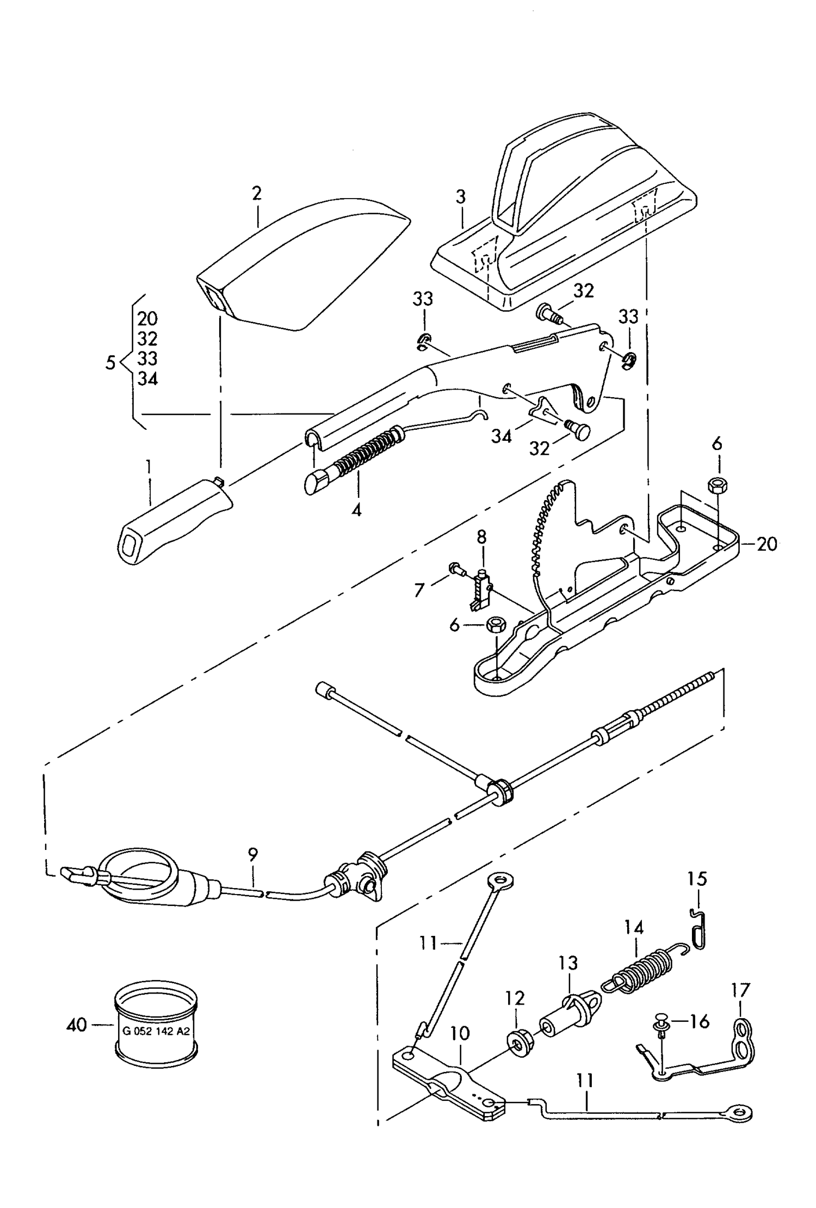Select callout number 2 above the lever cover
click(257, 193)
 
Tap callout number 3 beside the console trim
click(461, 197)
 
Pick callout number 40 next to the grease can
click(77, 1025)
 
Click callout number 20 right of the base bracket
click(766, 544)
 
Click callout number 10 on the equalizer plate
click(460, 1033)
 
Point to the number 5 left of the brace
click(111, 363)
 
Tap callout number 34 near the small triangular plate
click(501, 436)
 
